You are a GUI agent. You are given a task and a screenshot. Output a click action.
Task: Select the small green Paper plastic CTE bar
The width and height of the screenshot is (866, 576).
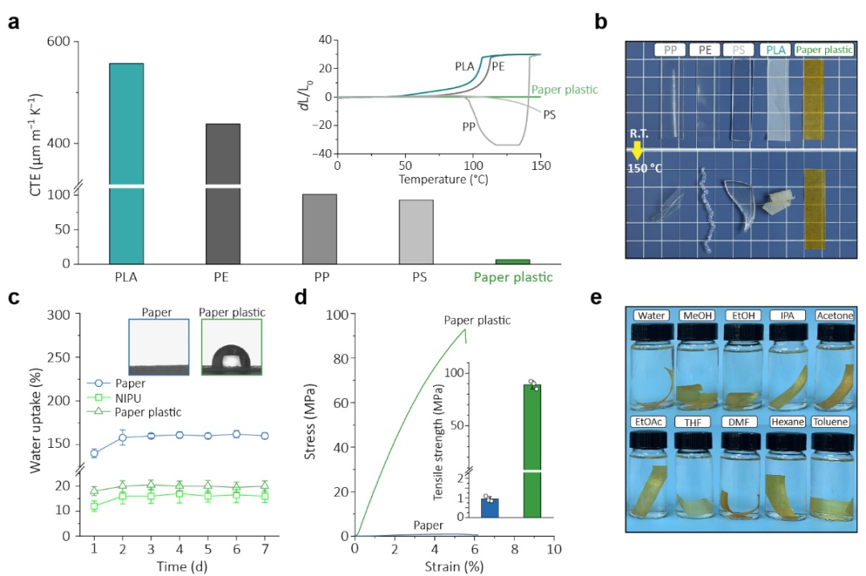(512, 261)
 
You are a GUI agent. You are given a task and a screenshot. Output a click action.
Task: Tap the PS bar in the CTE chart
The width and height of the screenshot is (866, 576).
(415, 232)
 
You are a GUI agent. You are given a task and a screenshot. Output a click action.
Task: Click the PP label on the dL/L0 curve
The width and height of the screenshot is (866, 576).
(470, 127)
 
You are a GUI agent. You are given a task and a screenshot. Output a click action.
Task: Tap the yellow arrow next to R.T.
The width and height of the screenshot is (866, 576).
(637, 150)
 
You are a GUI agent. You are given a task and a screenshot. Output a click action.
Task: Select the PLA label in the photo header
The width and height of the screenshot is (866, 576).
(775, 50)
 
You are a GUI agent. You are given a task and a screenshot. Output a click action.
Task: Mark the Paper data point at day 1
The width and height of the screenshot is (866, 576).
(95, 453)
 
